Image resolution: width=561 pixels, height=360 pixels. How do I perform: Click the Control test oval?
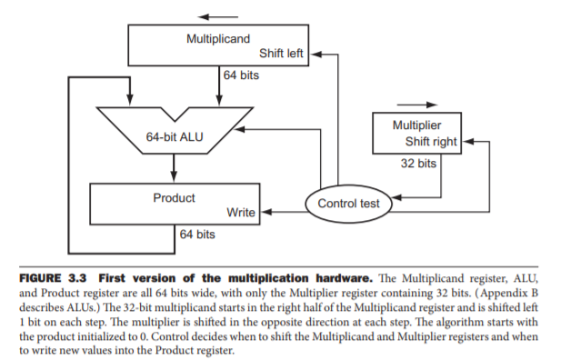[348, 204]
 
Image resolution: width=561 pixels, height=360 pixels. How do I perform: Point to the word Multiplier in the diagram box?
[416, 124]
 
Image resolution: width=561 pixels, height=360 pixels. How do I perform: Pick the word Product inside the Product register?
[174, 197]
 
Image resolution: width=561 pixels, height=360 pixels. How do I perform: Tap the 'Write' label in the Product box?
[240, 213]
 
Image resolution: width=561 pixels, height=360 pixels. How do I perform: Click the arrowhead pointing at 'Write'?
[262, 213]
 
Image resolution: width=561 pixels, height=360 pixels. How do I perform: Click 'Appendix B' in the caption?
[511, 292]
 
